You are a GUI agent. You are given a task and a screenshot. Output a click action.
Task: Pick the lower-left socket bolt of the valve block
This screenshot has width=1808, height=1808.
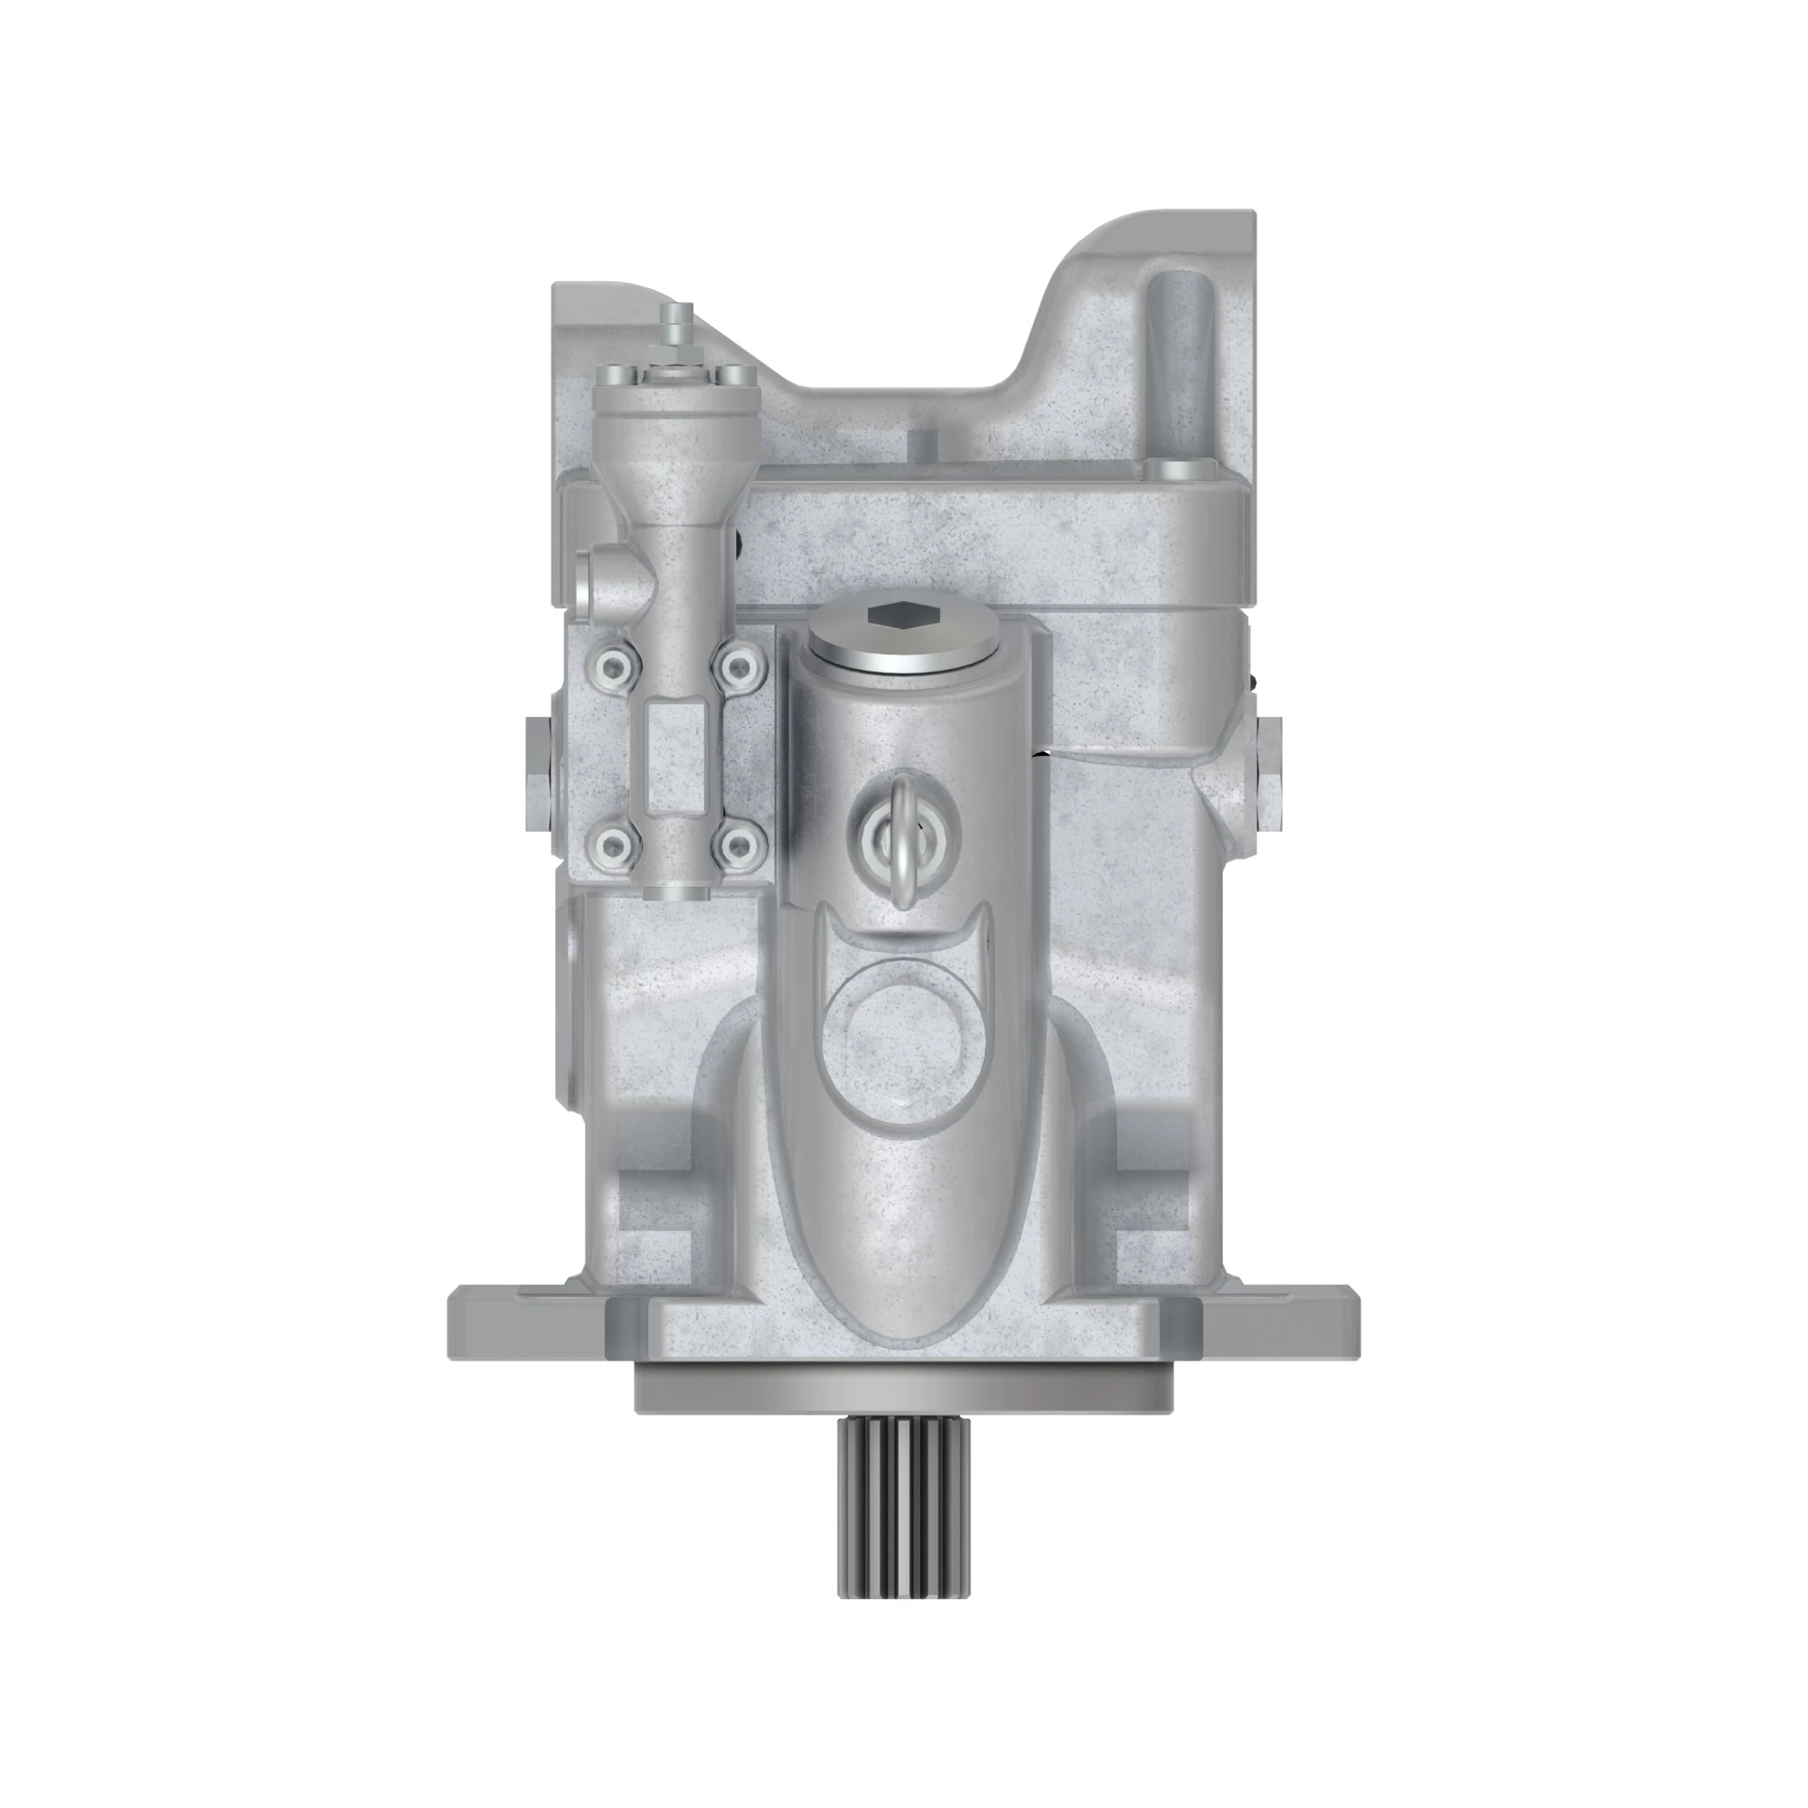point(611,847)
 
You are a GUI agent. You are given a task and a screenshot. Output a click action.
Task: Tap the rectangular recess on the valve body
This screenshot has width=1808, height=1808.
point(674,758)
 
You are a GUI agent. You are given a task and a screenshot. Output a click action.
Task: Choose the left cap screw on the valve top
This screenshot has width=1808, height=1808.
point(626,374)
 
